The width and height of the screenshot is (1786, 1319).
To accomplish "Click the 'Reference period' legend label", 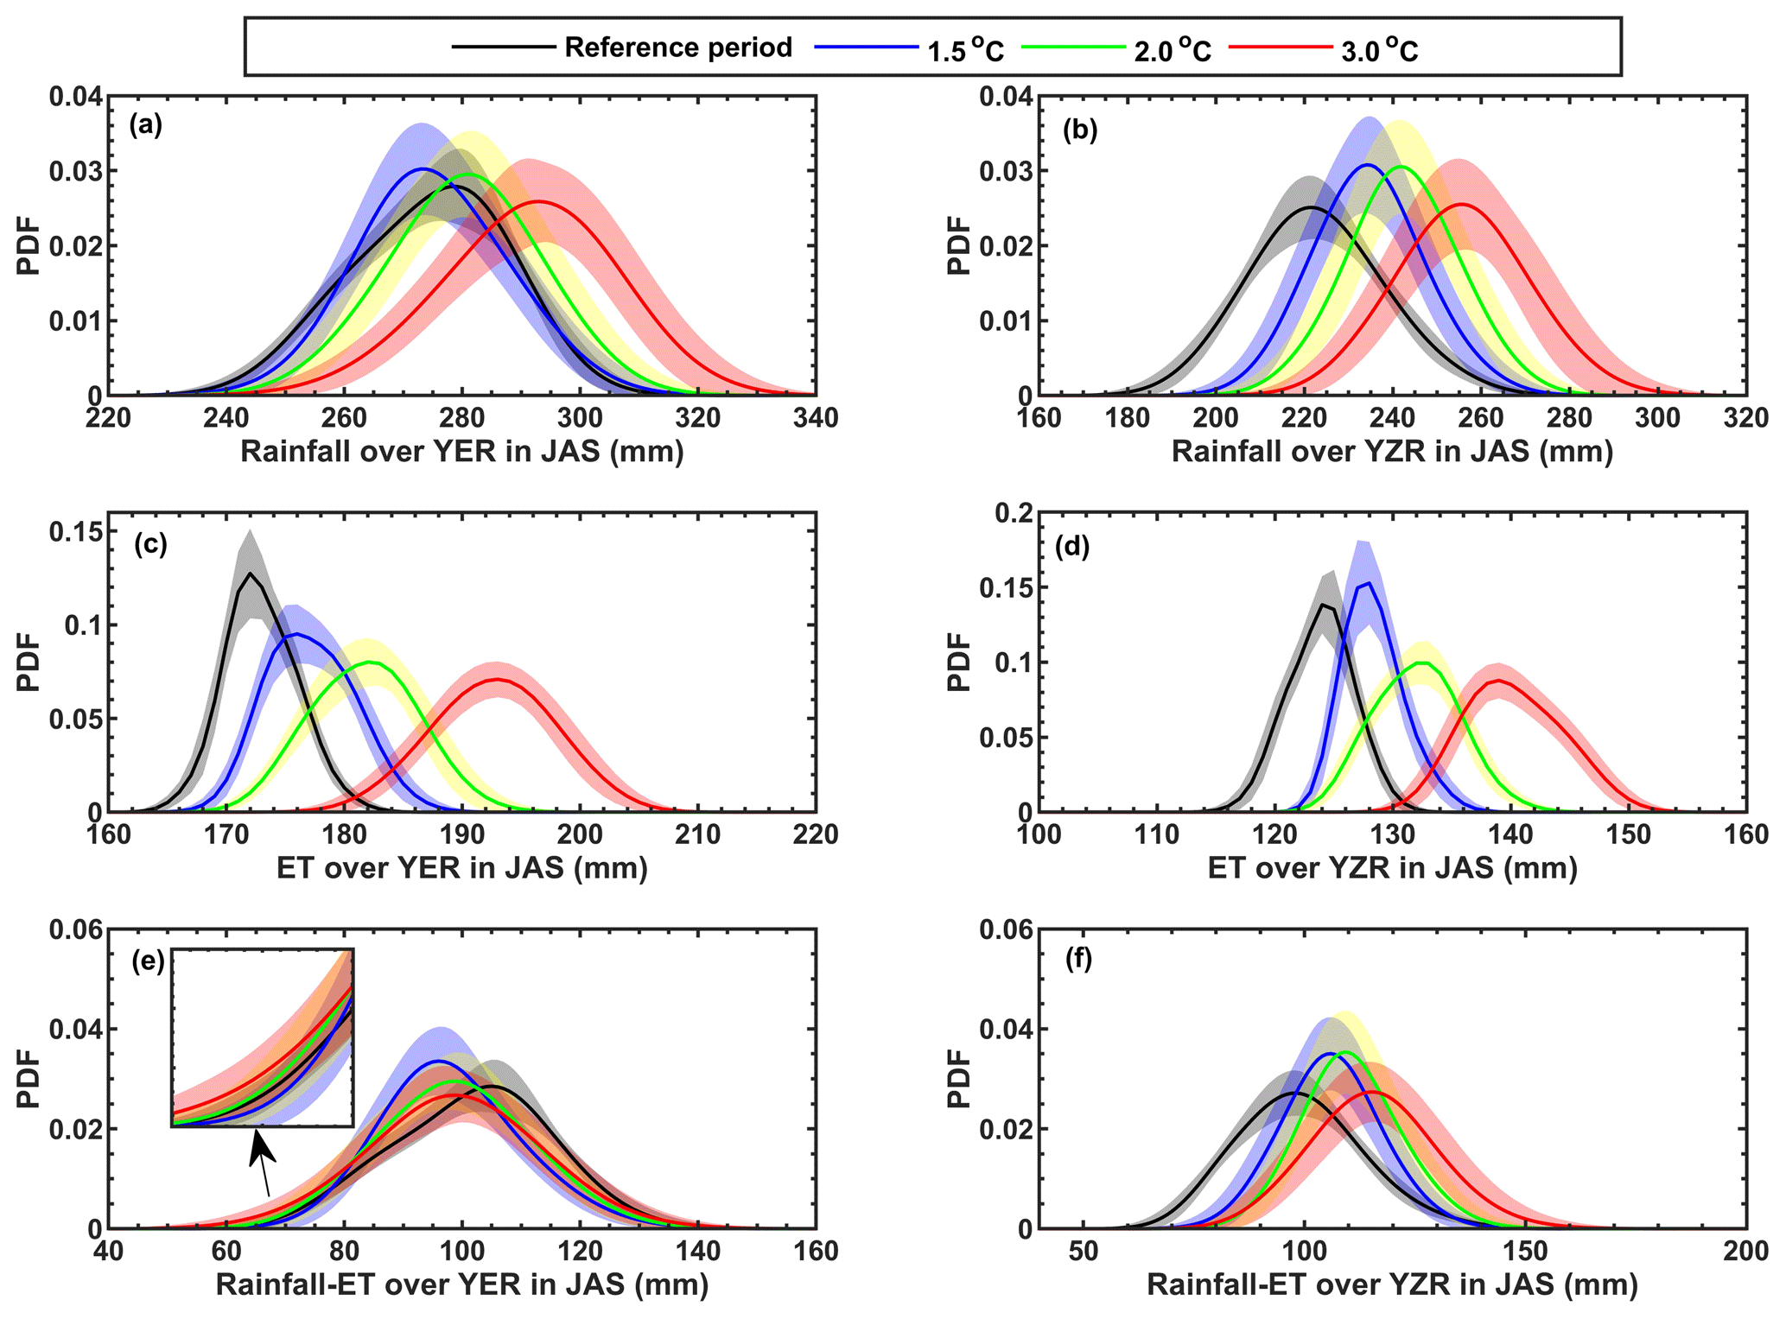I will click(677, 48).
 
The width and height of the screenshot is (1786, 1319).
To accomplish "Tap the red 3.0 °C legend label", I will click(1380, 50).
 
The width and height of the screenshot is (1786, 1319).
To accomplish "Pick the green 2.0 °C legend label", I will click(1173, 50).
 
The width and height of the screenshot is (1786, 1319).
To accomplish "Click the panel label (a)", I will click(145, 126).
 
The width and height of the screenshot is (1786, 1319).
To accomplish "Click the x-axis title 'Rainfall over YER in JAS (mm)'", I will click(461, 452).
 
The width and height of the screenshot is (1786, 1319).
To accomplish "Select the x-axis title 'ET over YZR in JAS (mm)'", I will click(1392, 867).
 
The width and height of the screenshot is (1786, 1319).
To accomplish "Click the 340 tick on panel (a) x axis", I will click(815, 419).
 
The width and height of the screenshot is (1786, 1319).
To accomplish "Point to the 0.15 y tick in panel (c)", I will click(74, 531).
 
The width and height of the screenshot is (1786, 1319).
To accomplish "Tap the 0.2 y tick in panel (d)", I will click(1010, 514).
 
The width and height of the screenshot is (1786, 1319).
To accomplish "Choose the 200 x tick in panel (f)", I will click(1745, 1252).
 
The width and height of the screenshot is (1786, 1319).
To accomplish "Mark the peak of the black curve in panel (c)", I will click(251, 573).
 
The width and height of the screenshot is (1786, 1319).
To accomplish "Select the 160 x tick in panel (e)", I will click(815, 1252).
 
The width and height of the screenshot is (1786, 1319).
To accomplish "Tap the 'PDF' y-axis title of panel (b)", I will click(959, 245).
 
